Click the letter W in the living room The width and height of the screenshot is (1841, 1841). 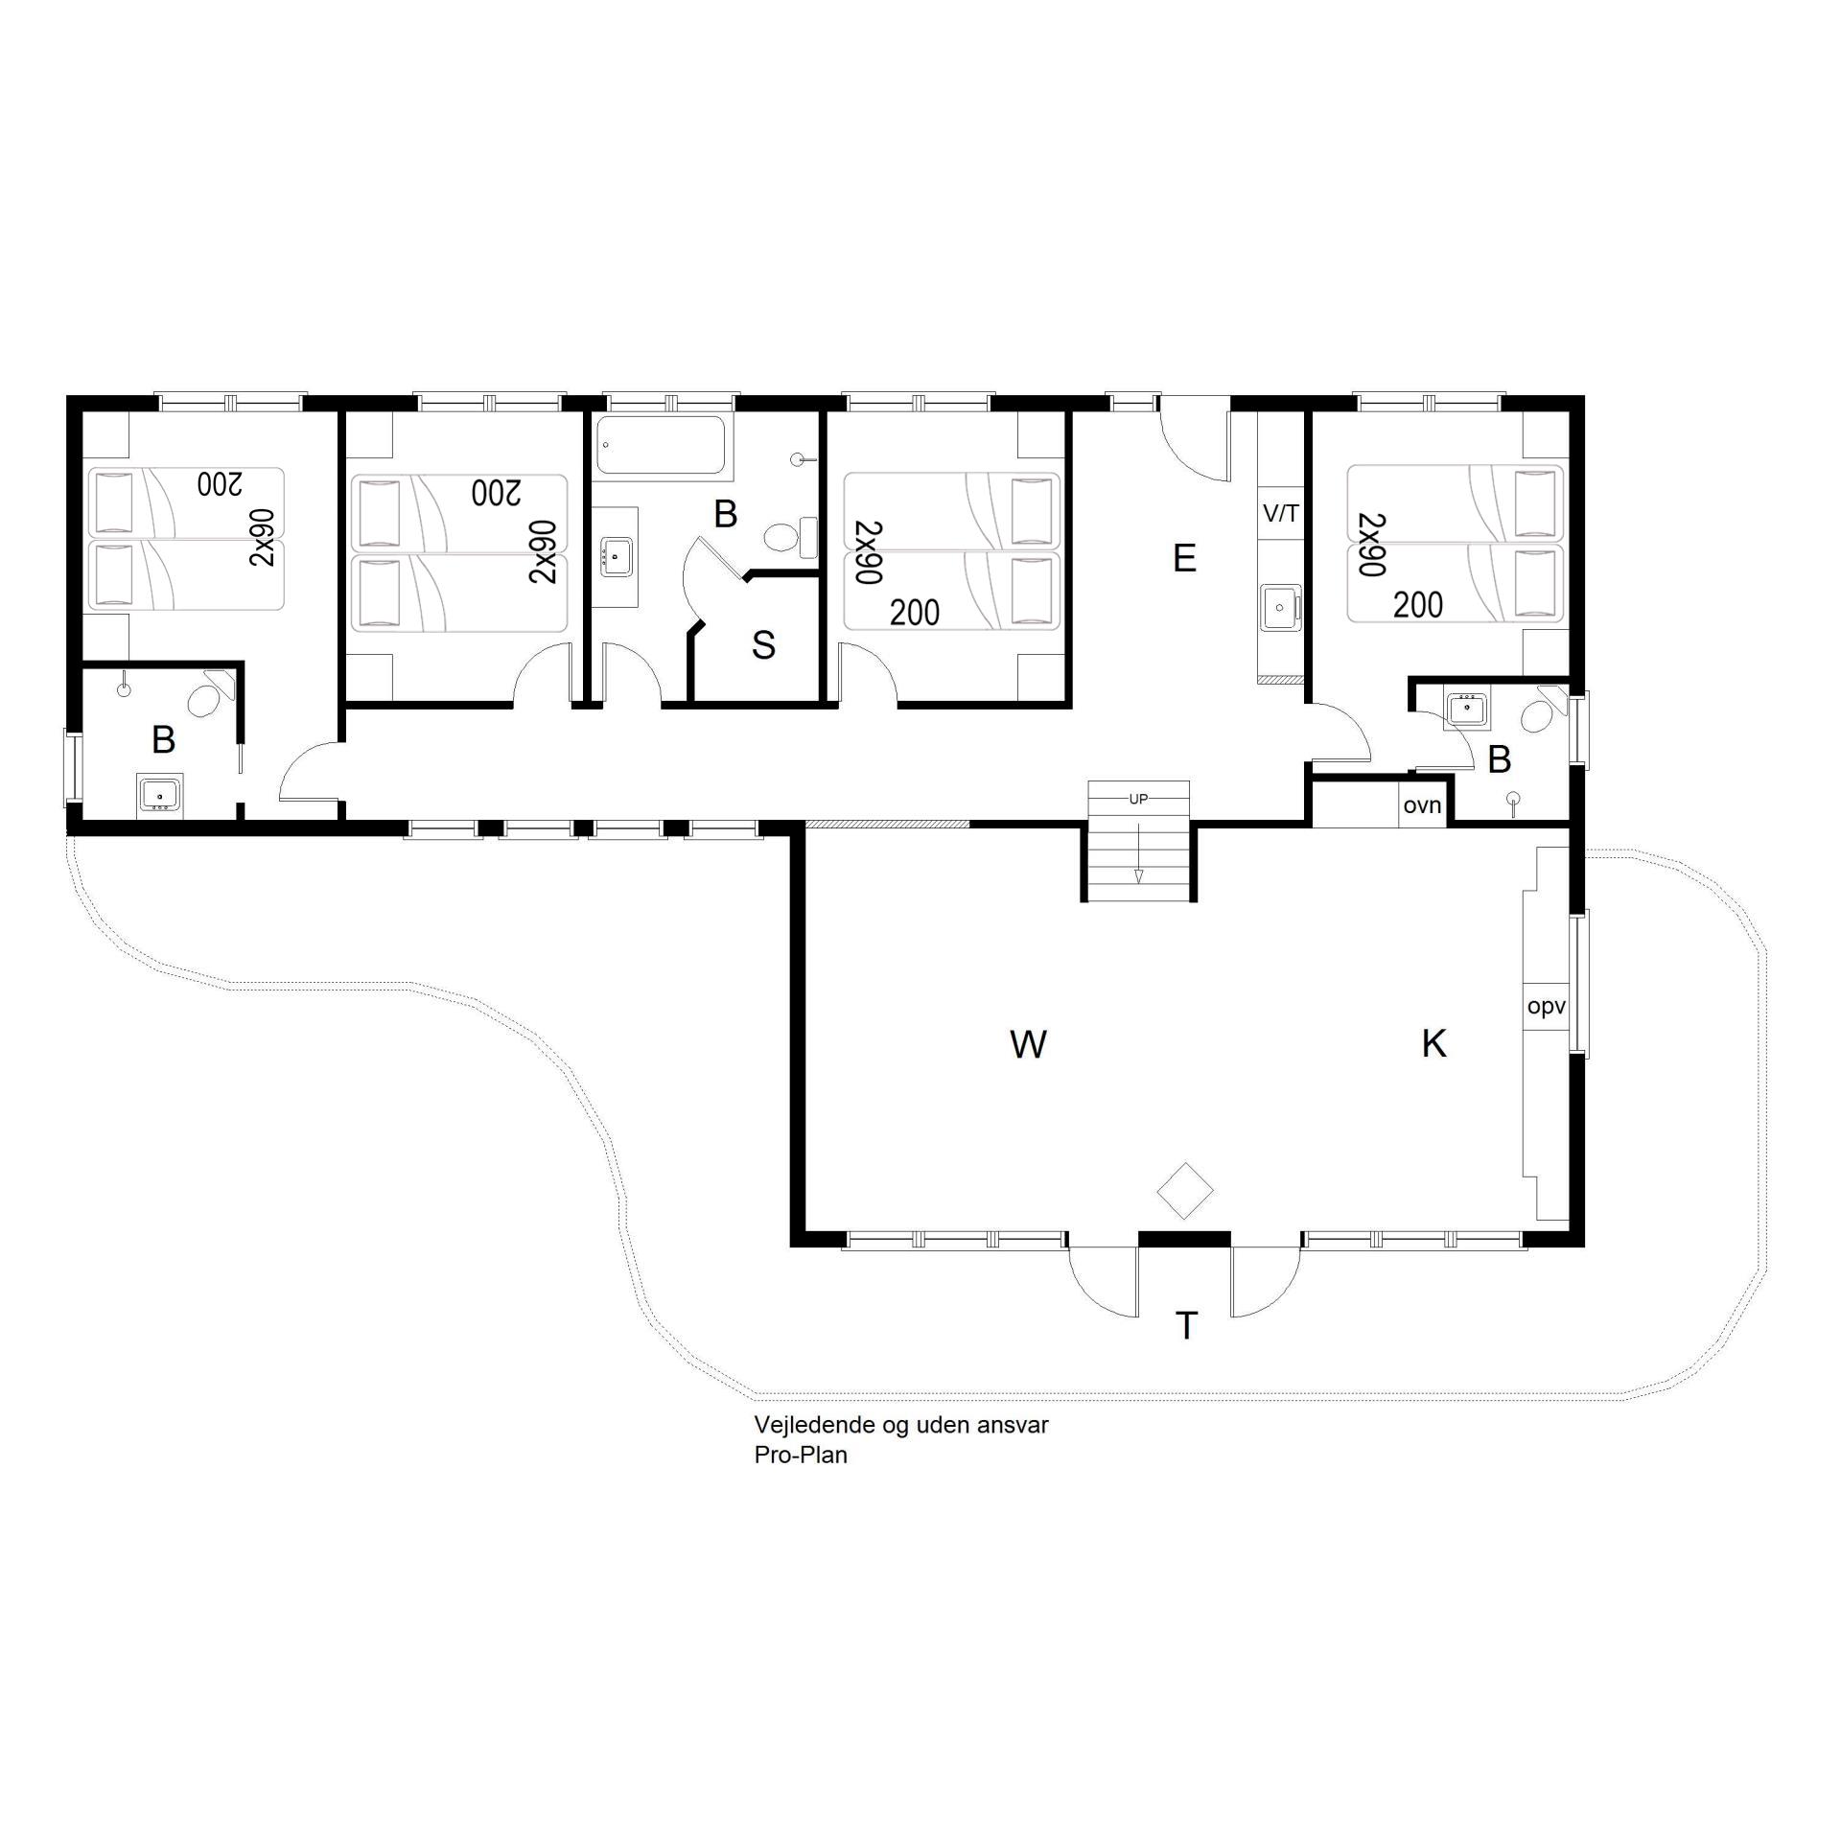tap(1028, 1044)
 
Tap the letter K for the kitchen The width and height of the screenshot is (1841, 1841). tap(1433, 1043)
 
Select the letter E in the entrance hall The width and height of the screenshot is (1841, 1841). tap(1184, 558)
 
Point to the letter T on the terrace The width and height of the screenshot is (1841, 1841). tap(1186, 1326)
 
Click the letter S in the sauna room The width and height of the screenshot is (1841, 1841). tap(763, 645)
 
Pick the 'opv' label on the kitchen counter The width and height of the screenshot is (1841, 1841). tap(1546, 1007)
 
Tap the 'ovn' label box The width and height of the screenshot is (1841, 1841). tap(1422, 805)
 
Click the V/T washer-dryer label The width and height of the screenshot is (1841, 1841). tap(1281, 514)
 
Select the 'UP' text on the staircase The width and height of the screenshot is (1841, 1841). tap(1138, 799)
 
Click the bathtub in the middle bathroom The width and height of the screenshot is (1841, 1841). tap(661, 445)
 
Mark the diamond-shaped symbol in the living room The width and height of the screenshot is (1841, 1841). tap(1185, 1191)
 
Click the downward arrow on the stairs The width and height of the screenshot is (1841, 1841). tap(1138, 844)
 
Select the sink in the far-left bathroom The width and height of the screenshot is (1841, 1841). tap(159, 794)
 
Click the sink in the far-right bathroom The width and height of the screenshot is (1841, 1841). tap(1466, 710)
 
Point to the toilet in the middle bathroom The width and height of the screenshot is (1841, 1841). tap(791, 537)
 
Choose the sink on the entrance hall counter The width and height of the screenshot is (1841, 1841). tap(1281, 606)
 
